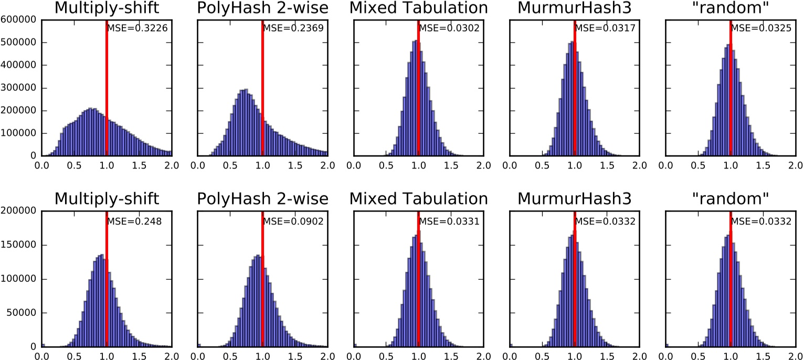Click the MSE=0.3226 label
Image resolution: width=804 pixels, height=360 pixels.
pos(137,29)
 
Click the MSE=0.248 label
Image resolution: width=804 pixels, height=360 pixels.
pos(134,221)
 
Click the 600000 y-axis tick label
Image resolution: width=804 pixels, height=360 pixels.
pos(19,20)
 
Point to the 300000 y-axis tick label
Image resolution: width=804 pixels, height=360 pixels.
pos(19,88)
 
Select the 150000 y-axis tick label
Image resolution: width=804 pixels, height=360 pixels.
pos(19,245)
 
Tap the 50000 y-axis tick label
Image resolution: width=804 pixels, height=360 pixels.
pos(22,313)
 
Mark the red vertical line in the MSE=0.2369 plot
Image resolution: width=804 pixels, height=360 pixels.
pos(262,89)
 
